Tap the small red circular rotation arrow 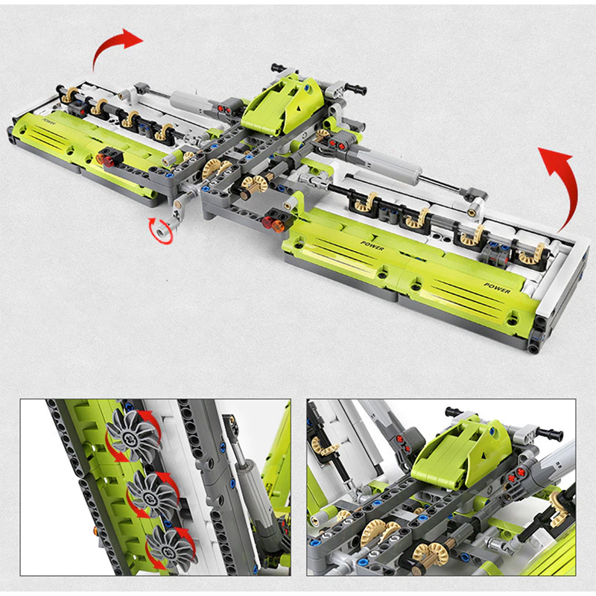click(161, 230)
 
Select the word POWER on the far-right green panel click(497, 288)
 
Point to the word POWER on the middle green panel click(372, 246)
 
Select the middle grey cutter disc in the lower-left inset click(153, 493)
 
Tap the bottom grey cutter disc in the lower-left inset click(172, 549)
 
